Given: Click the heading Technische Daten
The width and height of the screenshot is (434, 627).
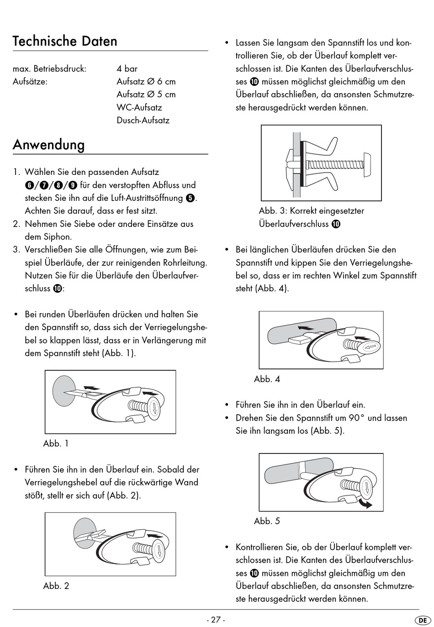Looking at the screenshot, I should pyautogui.click(x=65, y=41).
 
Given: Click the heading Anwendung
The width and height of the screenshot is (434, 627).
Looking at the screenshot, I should pyautogui.click(x=49, y=145).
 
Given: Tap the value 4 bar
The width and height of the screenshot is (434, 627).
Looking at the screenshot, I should pyautogui.click(x=127, y=68).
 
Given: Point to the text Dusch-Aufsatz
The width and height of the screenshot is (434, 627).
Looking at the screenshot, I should pyautogui.click(x=143, y=120).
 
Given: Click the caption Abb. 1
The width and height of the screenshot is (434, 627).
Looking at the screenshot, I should pyautogui.click(x=56, y=443).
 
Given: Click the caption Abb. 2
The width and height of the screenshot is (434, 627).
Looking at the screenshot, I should pyautogui.click(x=56, y=586).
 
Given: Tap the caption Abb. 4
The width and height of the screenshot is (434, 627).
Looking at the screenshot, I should pyautogui.click(x=267, y=379).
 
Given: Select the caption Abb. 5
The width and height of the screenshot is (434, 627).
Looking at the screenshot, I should pyautogui.click(x=267, y=521).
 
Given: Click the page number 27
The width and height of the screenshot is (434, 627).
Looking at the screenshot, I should pyautogui.click(x=216, y=620).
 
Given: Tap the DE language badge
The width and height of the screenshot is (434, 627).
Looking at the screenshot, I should pyautogui.click(x=423, y=620).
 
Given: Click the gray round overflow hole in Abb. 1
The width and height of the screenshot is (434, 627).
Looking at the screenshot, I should pyautogui.click(x=63, y=390).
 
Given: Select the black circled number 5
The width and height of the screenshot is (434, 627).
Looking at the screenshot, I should pyautogui.click(x=191, y=198).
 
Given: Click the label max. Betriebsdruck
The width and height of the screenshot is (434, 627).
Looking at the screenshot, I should pyautogui.click(x=49, y=68).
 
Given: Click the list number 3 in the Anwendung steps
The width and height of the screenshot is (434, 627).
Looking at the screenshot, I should pyautogui.click(x=16, y=250).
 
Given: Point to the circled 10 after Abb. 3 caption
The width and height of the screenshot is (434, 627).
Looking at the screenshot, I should pyautogui.click(x=336, y=224).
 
